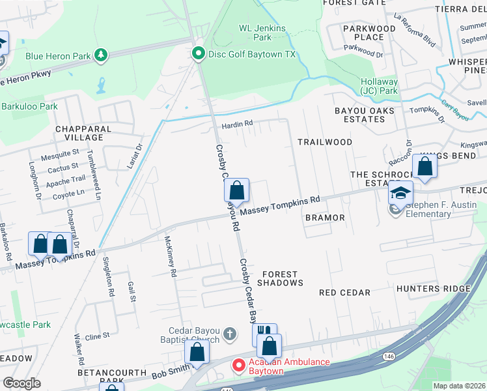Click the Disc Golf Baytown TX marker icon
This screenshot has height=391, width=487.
[x=199, y=54]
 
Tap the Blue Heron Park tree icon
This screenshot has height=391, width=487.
[x=100, y=55]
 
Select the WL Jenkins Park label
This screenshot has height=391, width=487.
[x=262, y=33]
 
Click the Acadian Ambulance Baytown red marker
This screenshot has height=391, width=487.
[x=239, y=367]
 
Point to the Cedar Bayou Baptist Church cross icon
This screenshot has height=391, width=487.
[x=229, y=334]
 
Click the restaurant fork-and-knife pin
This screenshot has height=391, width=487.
[x=264, y=333]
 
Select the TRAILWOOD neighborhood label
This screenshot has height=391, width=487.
[x=325, y=141]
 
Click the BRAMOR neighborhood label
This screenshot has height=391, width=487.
[x=324, y=217]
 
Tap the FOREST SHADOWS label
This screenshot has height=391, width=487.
[x=280, y=278]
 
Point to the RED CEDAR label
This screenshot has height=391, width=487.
[x=344, y=293]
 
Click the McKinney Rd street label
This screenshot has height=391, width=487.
[x=171, y=257]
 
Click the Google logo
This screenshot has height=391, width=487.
[x=21, y=383]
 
